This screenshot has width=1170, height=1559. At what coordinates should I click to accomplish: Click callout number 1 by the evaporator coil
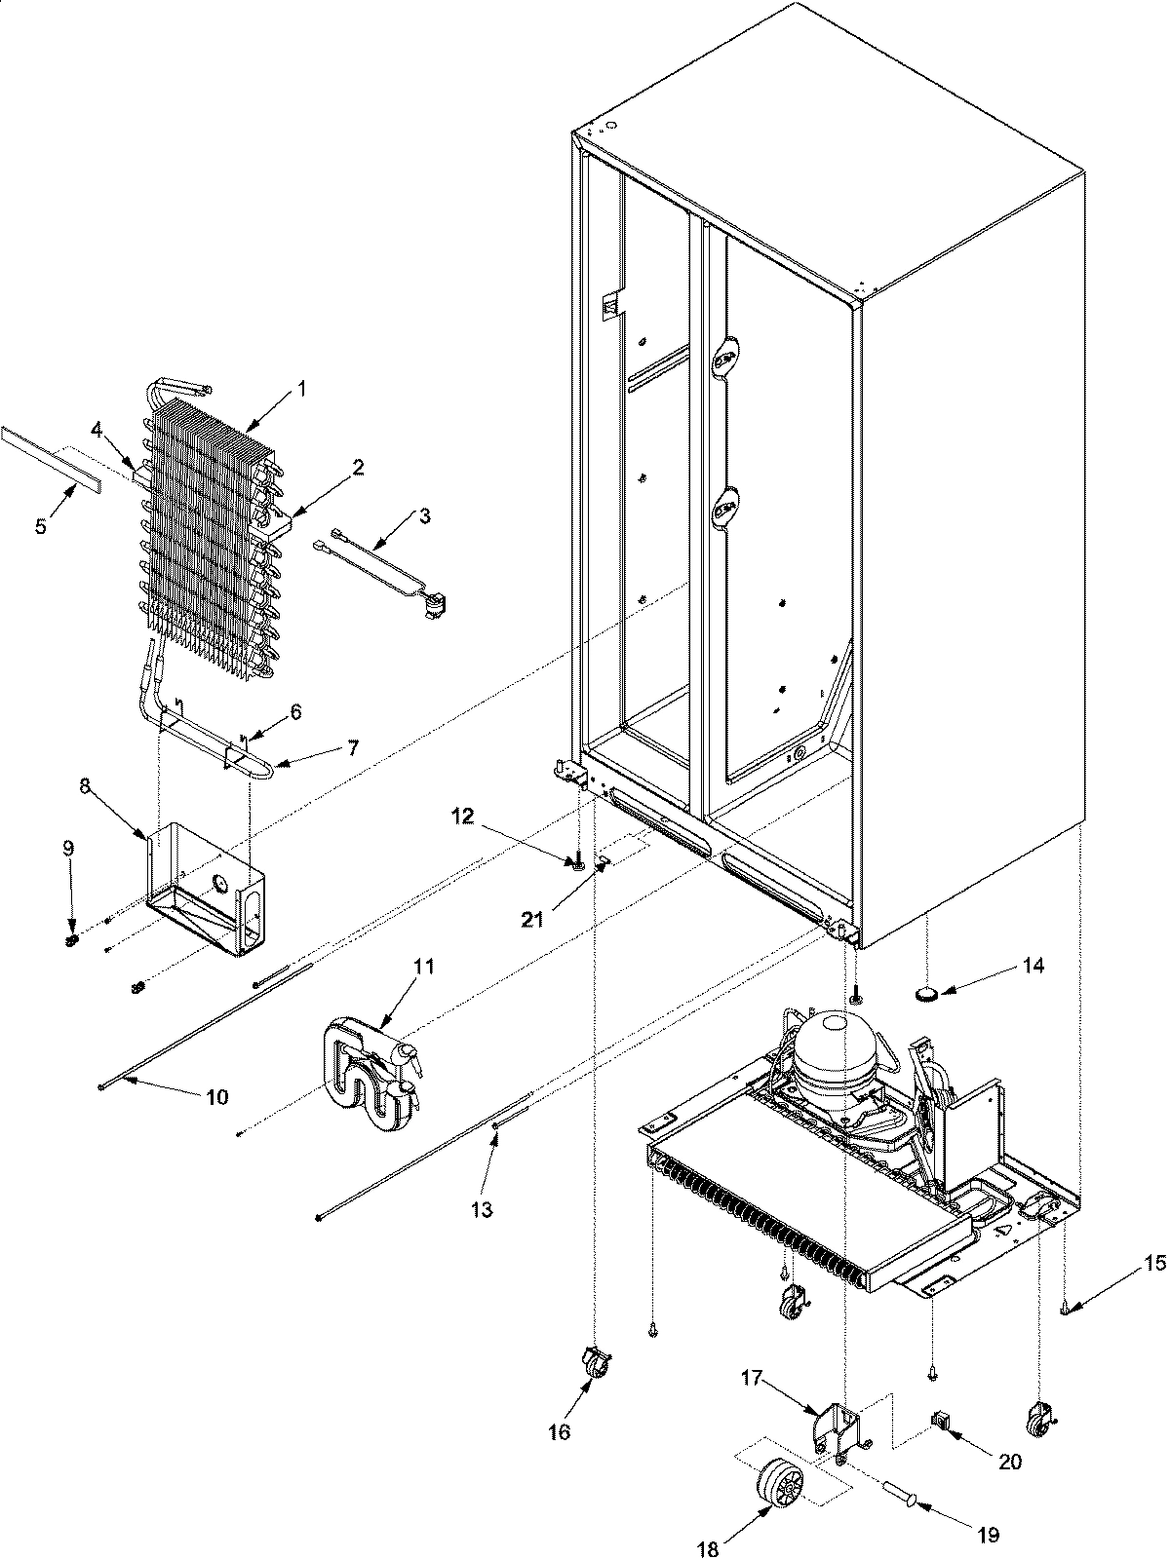(x=301, y=388)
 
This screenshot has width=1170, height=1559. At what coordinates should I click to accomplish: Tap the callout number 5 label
(x=40, y=526)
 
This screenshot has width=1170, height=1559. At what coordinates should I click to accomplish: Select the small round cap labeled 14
(x=927, y=994)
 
